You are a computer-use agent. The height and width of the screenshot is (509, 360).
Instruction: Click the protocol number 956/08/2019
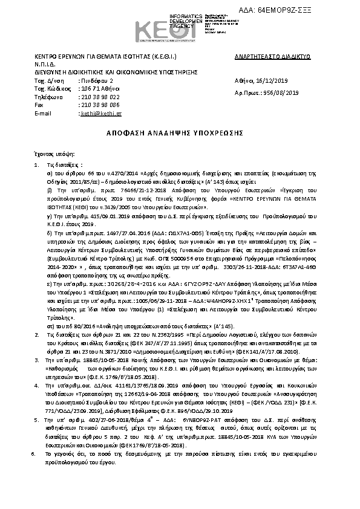tap(282, 92)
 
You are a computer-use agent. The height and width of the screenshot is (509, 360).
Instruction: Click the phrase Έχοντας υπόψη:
tap(54, 154)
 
